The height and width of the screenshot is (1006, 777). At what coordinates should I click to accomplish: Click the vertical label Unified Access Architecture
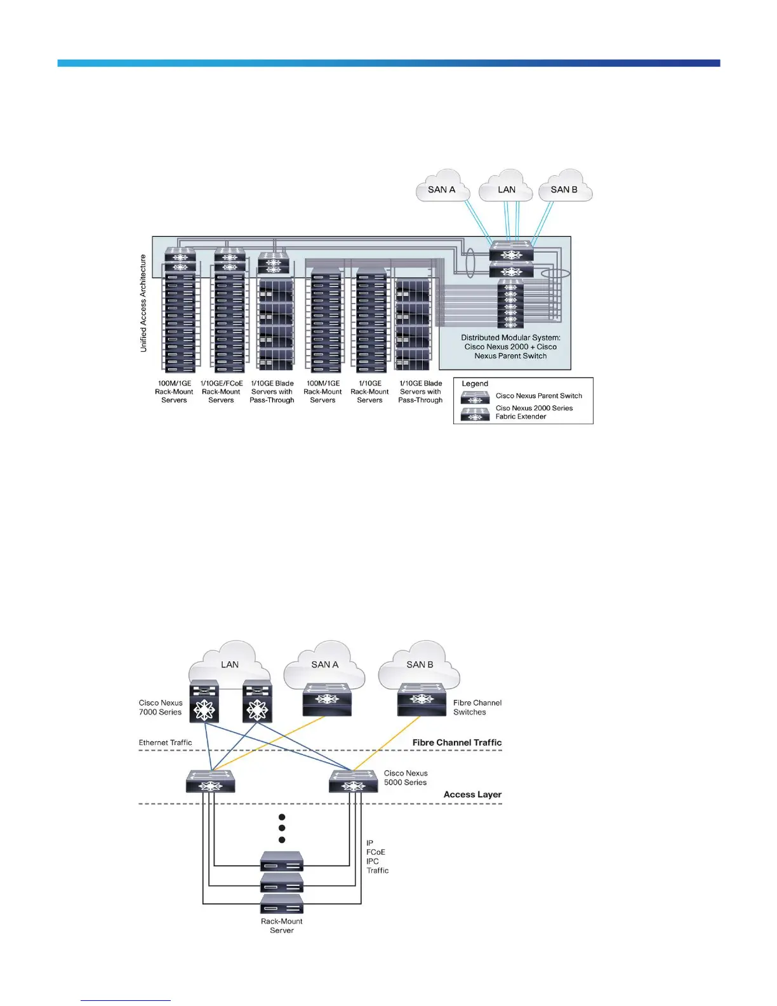pyautogui.click(x=143, y=303)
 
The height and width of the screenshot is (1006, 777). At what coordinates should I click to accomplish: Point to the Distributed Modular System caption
pyautogui.click(x=510, y=347)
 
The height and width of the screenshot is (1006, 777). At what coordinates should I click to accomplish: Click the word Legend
pyautogui.click(x=475, y=384)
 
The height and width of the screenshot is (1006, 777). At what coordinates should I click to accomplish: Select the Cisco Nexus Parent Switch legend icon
pyautogui.click(x=475, y=398)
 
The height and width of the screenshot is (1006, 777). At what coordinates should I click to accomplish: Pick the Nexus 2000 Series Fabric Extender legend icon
pyautogui.click(x=475, y=414)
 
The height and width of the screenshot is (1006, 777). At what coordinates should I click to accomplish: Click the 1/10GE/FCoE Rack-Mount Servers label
pyautogui.click(x=222, y=392)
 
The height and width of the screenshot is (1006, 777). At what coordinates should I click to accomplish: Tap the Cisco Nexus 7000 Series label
pyautogui.click(x=161, y=708)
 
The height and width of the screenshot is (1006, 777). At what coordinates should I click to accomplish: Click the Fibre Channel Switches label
pyautogui.click(x=477, y=708)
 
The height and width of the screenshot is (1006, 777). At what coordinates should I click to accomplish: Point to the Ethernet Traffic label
pyautogui.click(x=165, y=742)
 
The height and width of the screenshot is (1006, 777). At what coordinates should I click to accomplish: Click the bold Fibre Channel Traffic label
pyautogui.click(x=457, y=742)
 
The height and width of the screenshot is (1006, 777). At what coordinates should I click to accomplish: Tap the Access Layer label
pyautogui.click(x=472, y=795)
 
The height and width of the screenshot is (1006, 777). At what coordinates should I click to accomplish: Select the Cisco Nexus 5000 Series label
pyautogui.click(x=406, y=778)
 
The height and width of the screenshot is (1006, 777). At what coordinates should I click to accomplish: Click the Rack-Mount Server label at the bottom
pyautogui.click(x=282, y=926)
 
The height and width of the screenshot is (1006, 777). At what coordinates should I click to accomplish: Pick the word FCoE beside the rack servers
pyautogui.click(x=376, y=852)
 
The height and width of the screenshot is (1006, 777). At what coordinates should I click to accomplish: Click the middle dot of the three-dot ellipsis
pyautogui.click(x=282, y=828)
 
